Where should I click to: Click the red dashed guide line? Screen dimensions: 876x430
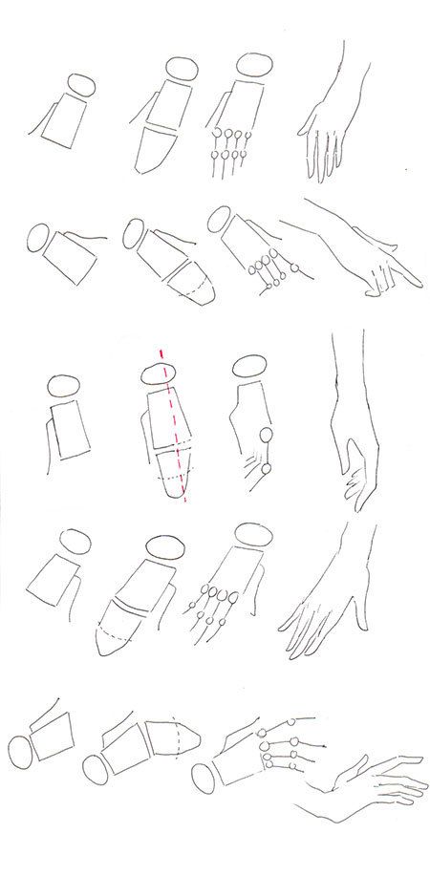(175, 430)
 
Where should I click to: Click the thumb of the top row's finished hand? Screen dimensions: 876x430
(308, 122)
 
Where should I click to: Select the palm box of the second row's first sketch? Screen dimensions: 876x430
(75, 257)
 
